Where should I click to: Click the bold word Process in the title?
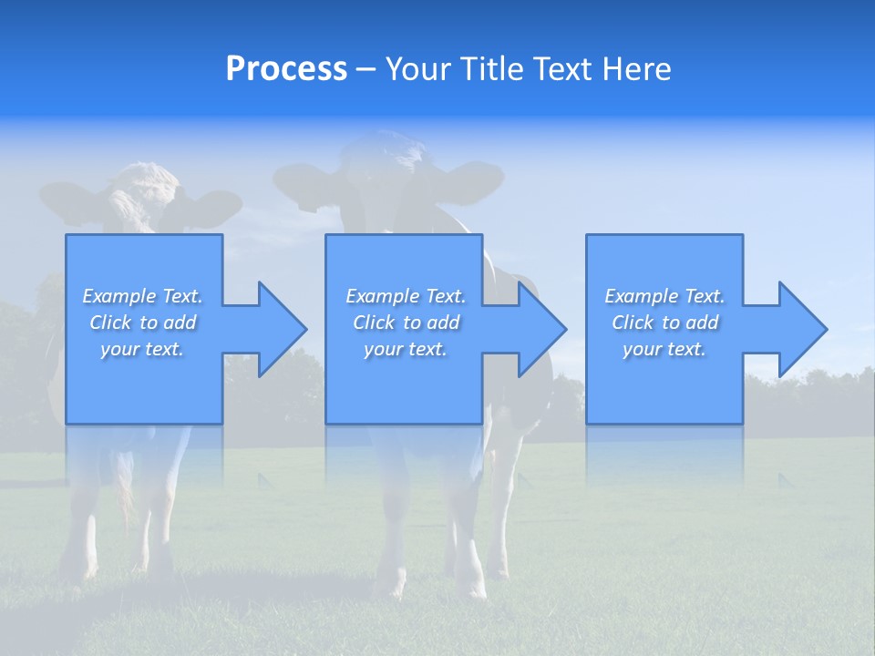(x=286, y=69)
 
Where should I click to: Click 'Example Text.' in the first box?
(x=142, y=296)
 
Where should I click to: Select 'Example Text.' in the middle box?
(x=406, y=296)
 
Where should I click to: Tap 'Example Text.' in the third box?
(x=664, y=296)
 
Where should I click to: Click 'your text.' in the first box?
(x=142, y=349)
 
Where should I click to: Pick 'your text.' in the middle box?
(x=406, y=349)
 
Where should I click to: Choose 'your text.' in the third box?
(x=664, y=349)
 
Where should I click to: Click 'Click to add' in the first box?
(x=142, y=323)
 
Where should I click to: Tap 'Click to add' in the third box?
(x=664, y=323)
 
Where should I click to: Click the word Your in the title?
(x=420, y=69)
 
